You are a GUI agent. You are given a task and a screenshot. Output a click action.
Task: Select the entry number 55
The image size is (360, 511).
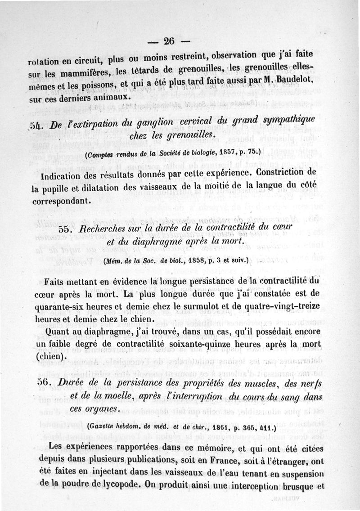tap(66, 229)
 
